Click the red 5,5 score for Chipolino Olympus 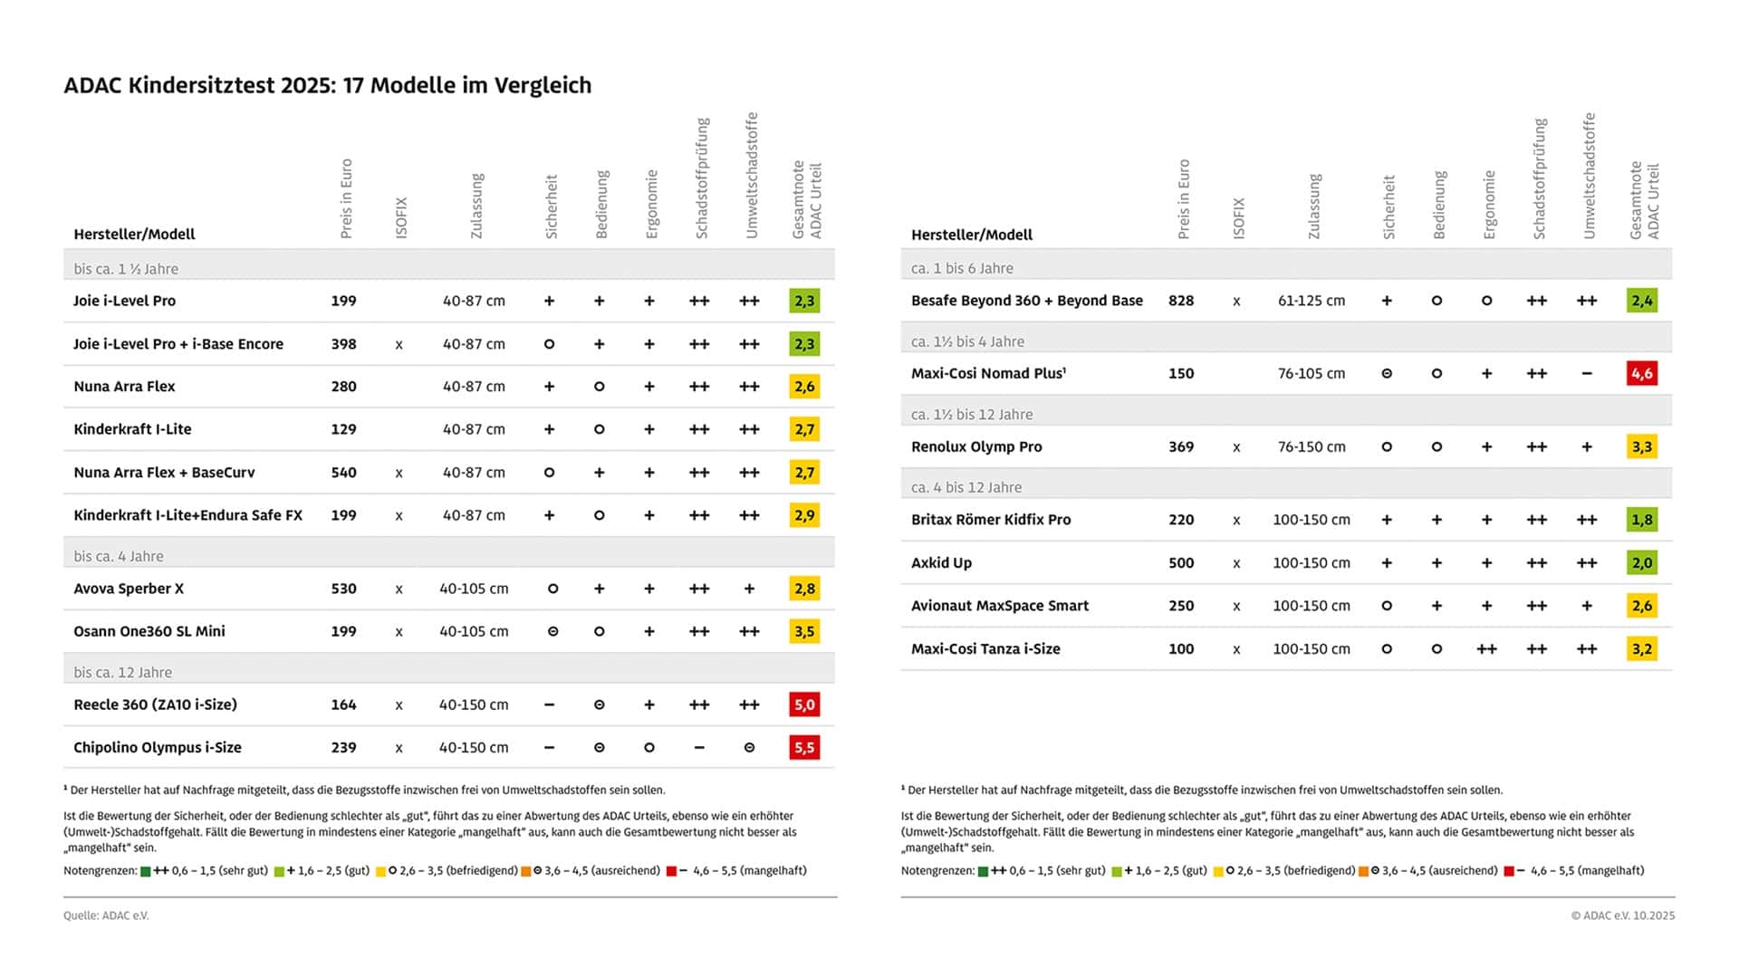click(804, 748)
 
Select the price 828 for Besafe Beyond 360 click(1181, 301)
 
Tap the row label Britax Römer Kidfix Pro click(991, 520)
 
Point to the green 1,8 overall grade click(1641, 520)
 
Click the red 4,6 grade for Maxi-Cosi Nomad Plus click(1641, 373)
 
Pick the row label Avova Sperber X click(129, 589)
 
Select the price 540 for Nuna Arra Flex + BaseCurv click(343, 473)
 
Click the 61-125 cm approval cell click(1311, 301)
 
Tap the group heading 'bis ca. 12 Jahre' click(123, 673)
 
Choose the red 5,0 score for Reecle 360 click(804, 705)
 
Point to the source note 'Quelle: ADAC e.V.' click(106, 916)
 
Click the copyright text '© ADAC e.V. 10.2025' click(1622, 916)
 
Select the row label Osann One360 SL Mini click(149, 631)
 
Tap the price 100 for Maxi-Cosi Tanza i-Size click(1181, 649)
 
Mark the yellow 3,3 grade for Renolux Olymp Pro click(1641, 446)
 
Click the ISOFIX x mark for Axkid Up click(1236, 563)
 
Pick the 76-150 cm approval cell click(1311, 446)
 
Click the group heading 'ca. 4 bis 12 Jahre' click(966, 487)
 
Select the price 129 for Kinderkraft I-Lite click(343, 429)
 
